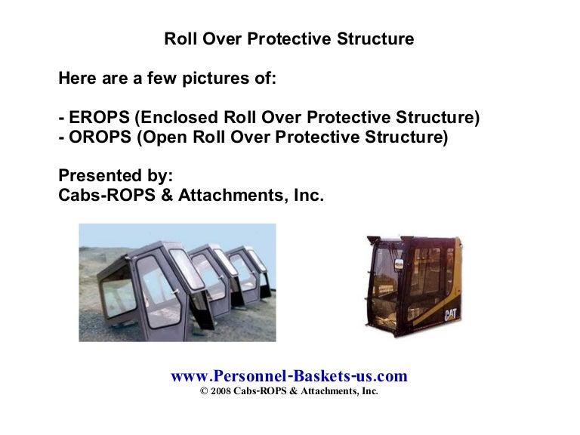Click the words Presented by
[116, 177]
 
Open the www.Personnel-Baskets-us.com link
[289, 376]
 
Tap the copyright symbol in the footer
[204, 392]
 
